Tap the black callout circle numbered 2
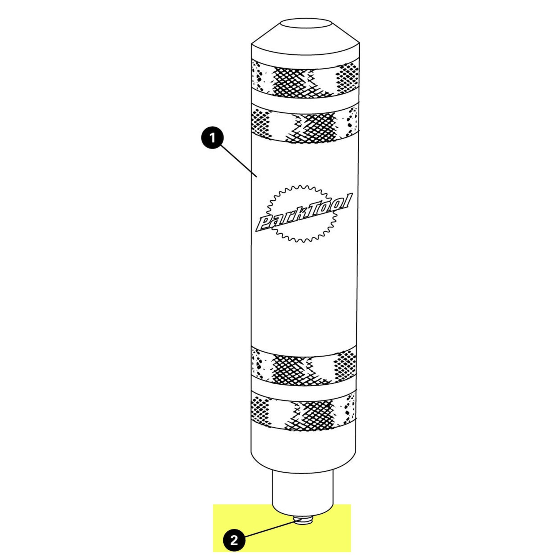[234, 541]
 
